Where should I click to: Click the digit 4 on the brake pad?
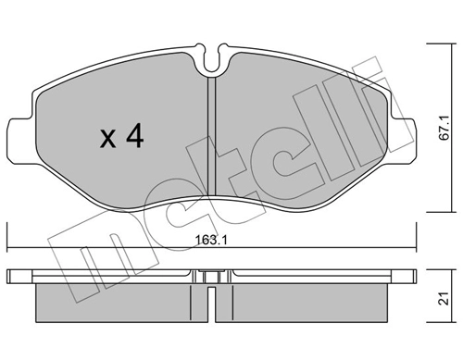coord(134,138)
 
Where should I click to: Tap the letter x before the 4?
coord(108,140)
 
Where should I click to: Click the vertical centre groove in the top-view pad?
coord(212,139)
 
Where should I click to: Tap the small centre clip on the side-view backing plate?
coord(212,276)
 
